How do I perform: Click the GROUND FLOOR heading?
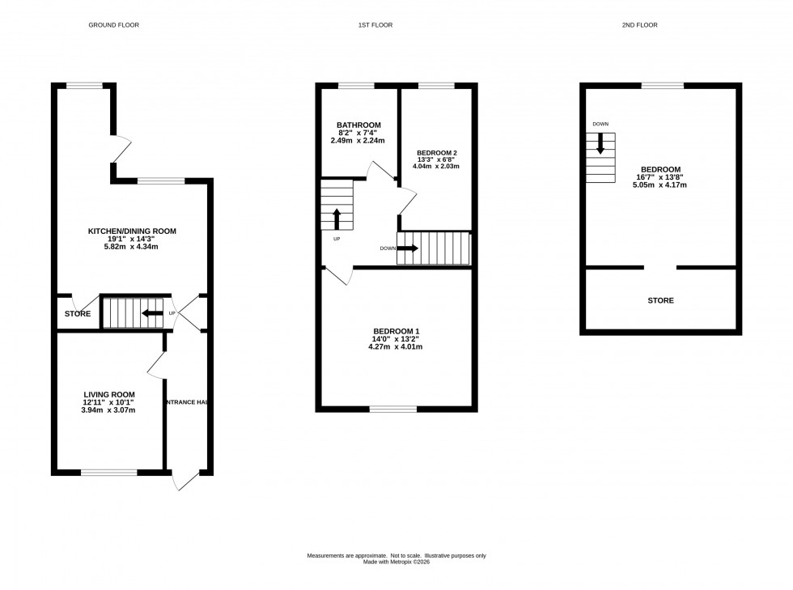click(113, 25)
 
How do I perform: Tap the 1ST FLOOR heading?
click(375, 25)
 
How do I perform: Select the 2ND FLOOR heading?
click(639, 25)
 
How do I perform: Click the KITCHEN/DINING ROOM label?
click(132, 231)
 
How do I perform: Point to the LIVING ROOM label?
click(109, 394)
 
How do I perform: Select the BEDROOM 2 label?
click(437, 153)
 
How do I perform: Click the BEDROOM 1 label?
click(396, 331)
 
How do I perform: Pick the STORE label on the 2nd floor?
click(660, 300)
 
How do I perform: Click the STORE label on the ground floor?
click(78, 314)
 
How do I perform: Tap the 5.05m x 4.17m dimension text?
click(659, 185)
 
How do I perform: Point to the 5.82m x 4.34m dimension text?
click(132, 247)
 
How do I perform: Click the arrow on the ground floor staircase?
click(151, 313)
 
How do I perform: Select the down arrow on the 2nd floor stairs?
click(600, 145)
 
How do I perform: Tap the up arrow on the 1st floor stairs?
click(337, 219)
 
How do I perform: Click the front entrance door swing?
click(184, 481)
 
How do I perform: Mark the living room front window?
click(108, 472)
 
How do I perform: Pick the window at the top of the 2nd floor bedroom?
click(662, 85)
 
